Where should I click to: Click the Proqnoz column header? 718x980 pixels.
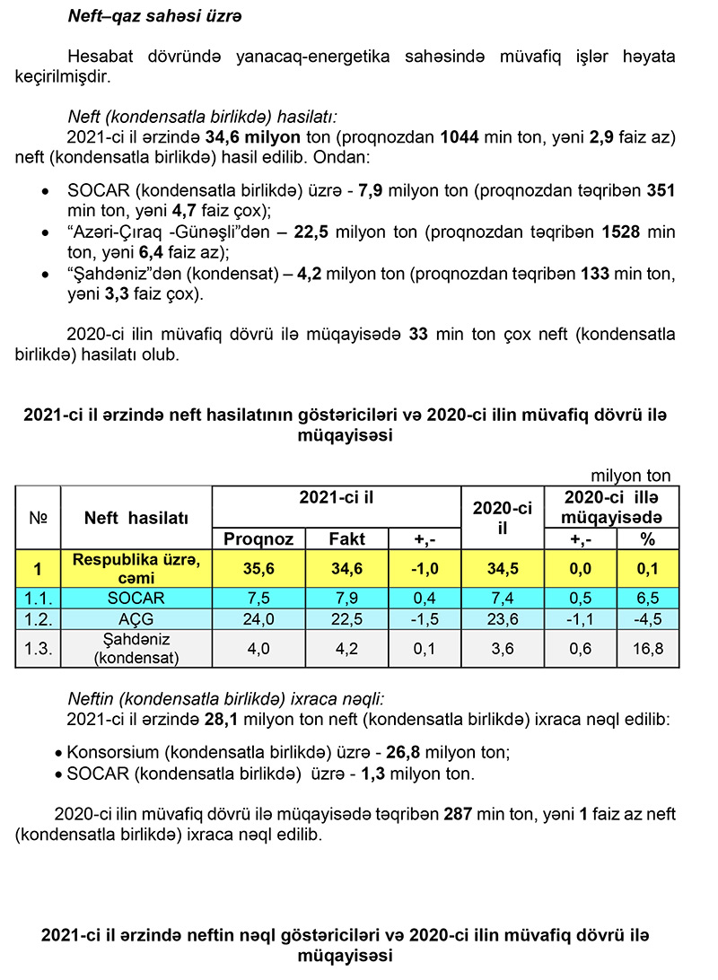258,538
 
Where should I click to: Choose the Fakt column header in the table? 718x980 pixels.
346,538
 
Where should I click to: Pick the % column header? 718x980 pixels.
647,538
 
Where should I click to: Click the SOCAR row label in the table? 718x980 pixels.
136,598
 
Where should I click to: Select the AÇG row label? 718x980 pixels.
136,618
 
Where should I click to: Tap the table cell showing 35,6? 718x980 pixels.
258,568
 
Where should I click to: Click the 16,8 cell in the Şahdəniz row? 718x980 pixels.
647,648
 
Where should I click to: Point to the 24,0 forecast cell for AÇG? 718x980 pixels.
258,618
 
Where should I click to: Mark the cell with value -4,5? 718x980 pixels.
647,618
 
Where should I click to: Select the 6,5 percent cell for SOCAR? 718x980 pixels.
647,598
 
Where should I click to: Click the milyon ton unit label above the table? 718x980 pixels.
630,476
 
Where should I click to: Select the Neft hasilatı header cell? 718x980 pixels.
136,518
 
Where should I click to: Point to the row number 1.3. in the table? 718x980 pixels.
38,648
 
